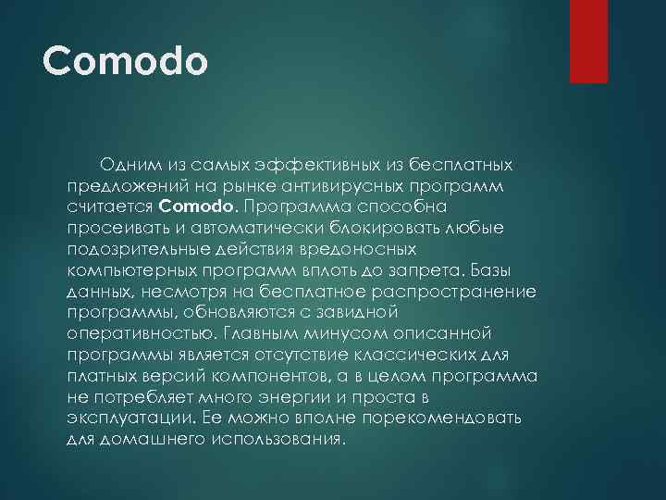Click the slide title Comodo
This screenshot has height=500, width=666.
click(126, 63)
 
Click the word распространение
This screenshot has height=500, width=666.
click(462, 291)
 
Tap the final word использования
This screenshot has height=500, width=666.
click(276, 440)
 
